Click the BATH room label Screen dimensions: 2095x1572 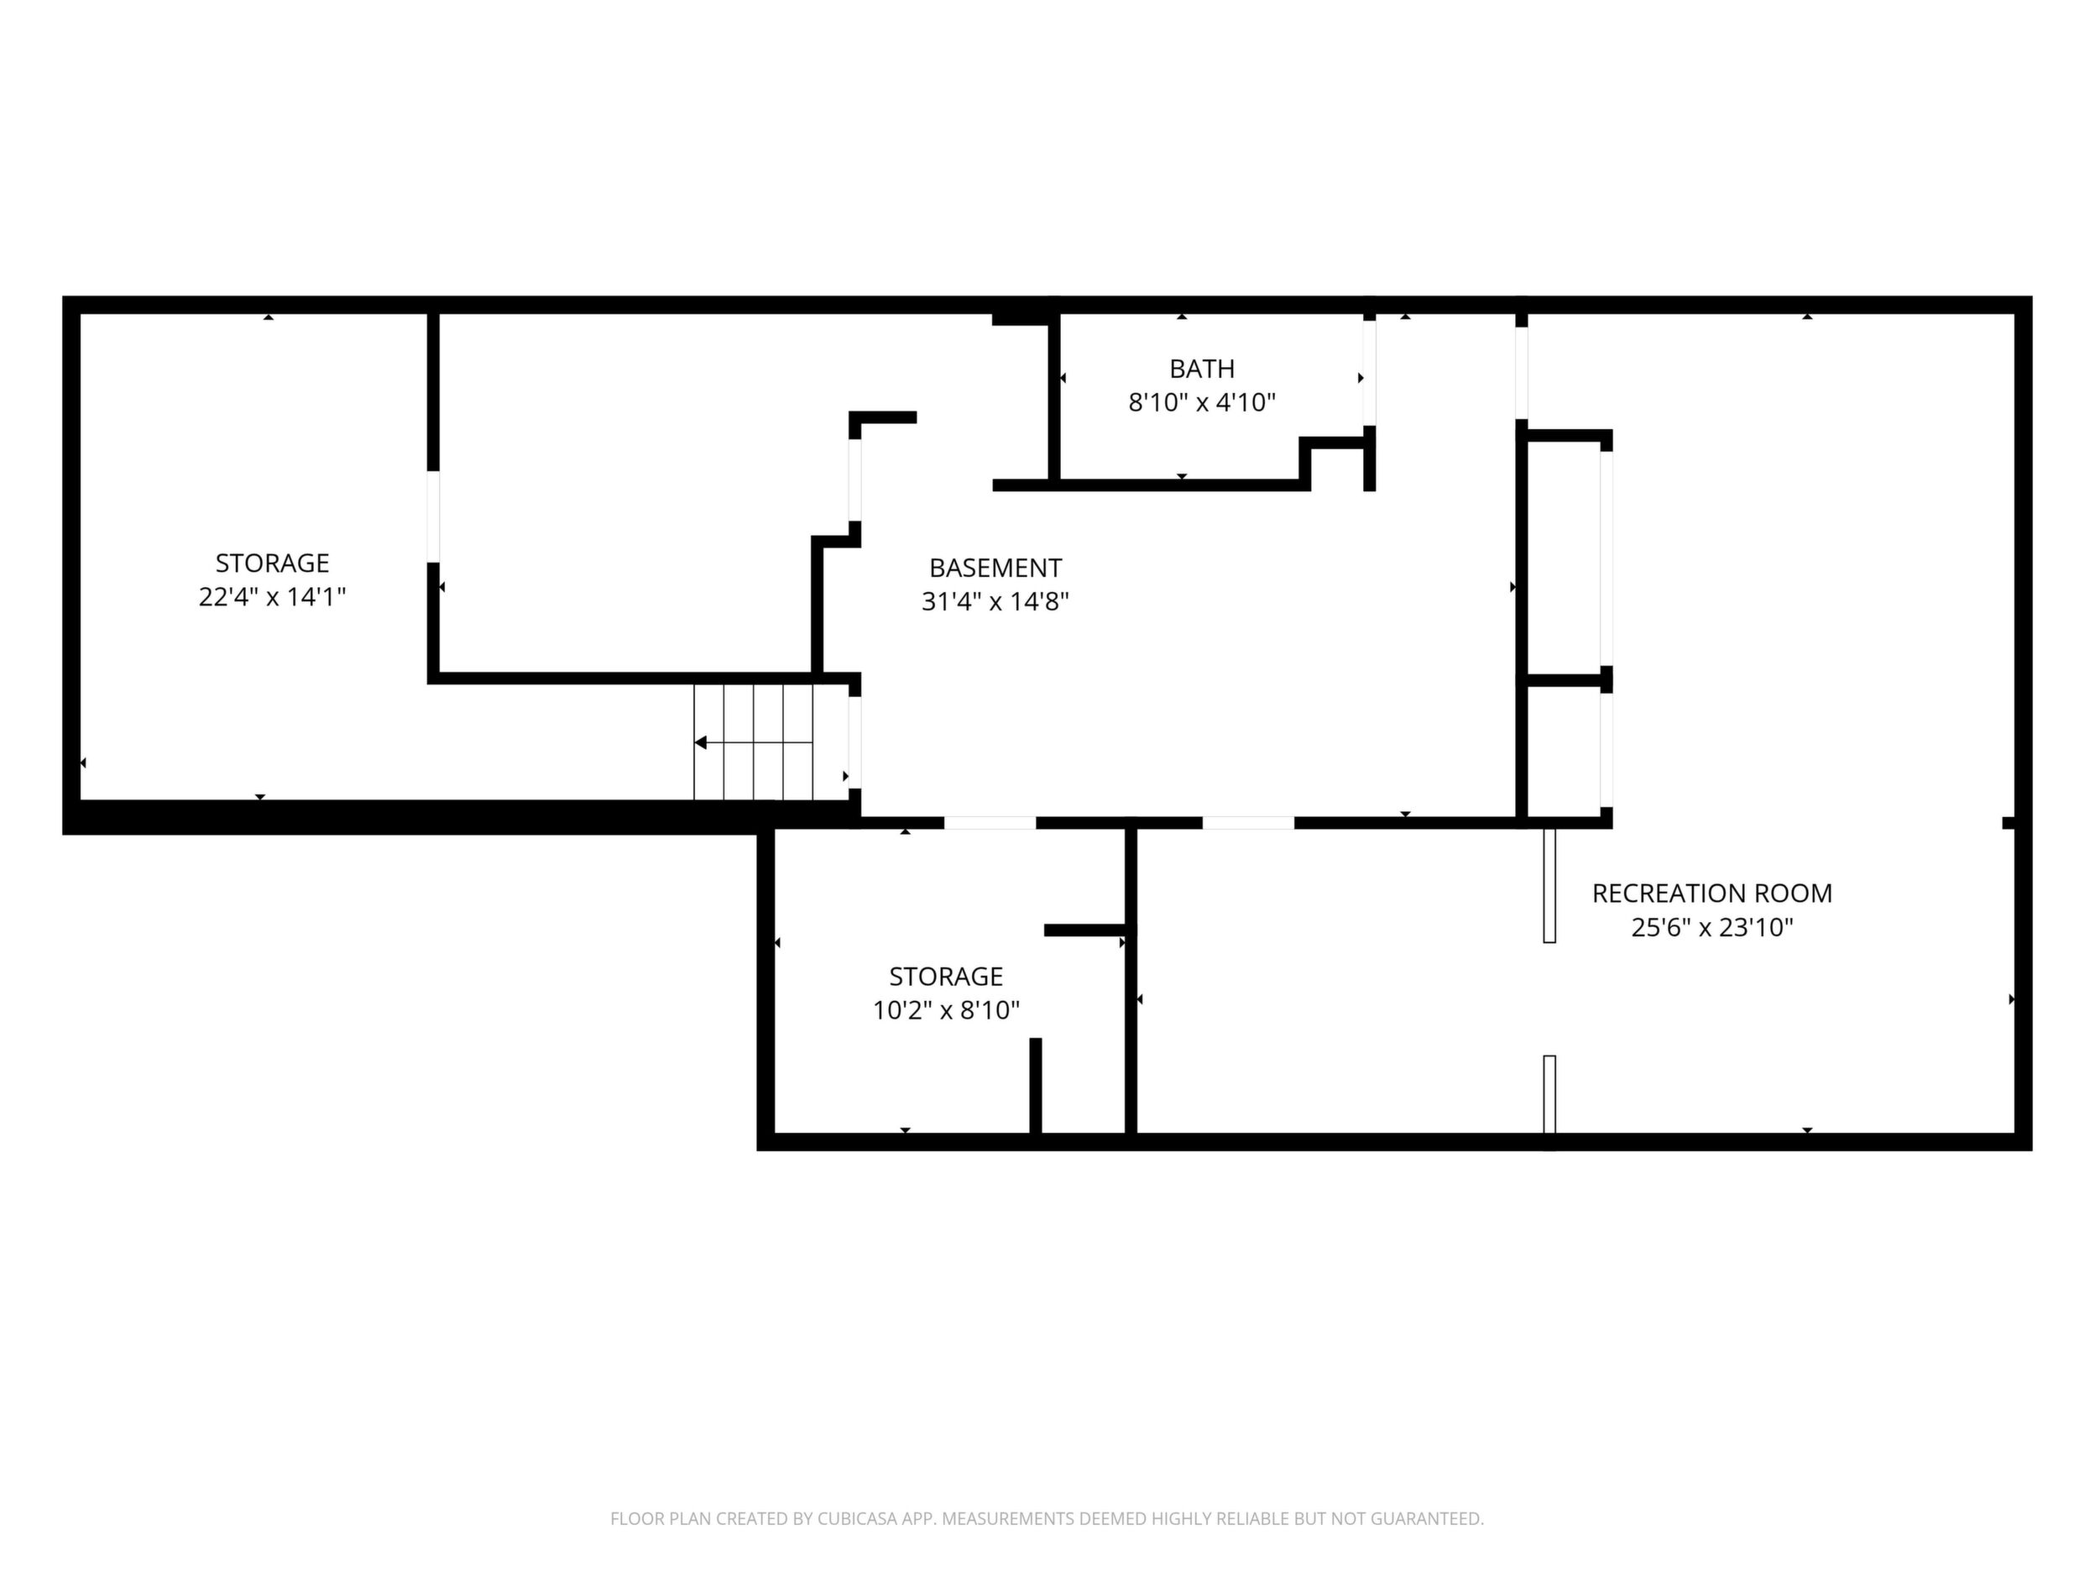coord(1201,369)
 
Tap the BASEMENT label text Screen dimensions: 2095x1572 coord(995,568)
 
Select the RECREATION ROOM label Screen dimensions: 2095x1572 coord(1711,893)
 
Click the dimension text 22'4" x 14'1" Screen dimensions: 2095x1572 coord(272,597)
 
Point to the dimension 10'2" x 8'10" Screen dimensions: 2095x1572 coord(945,1010)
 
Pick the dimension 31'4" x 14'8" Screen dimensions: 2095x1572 coord(995,602)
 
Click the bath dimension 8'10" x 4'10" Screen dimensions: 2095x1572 coord(1201,403)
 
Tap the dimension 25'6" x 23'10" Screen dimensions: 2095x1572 coord(1711,927)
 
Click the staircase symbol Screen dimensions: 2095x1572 coord(754,742)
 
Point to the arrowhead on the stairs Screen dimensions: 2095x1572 coord(701,743)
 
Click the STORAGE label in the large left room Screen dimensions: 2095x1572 coord(272,563)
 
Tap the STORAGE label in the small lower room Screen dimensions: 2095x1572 coord(945,976)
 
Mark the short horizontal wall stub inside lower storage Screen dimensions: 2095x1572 coord(1084,930)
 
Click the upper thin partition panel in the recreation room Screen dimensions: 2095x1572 coord(1549,885)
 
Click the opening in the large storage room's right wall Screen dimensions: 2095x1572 coord(433,516)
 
